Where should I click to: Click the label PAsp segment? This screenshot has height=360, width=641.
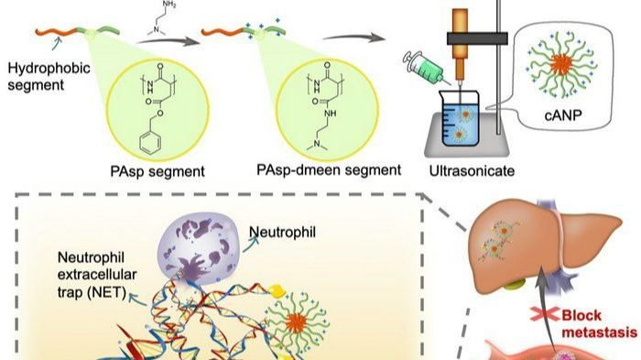158,171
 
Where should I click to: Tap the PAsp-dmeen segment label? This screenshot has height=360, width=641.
329,169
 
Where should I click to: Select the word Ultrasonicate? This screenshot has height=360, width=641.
472,170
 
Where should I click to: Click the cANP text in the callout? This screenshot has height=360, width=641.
563,115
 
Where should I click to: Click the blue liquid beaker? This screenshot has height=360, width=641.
460,119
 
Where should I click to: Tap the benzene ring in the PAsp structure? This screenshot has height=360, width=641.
149,143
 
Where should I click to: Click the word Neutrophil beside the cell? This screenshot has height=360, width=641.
282,232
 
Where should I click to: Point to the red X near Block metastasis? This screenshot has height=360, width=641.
545,314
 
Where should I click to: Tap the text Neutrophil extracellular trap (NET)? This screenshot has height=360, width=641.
97,275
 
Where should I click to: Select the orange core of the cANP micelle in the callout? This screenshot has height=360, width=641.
561,63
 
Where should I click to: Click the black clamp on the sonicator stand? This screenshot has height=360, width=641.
477,38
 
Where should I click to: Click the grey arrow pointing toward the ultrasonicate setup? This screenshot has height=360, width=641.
354,38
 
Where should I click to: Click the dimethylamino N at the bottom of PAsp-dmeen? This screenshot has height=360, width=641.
316,143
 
